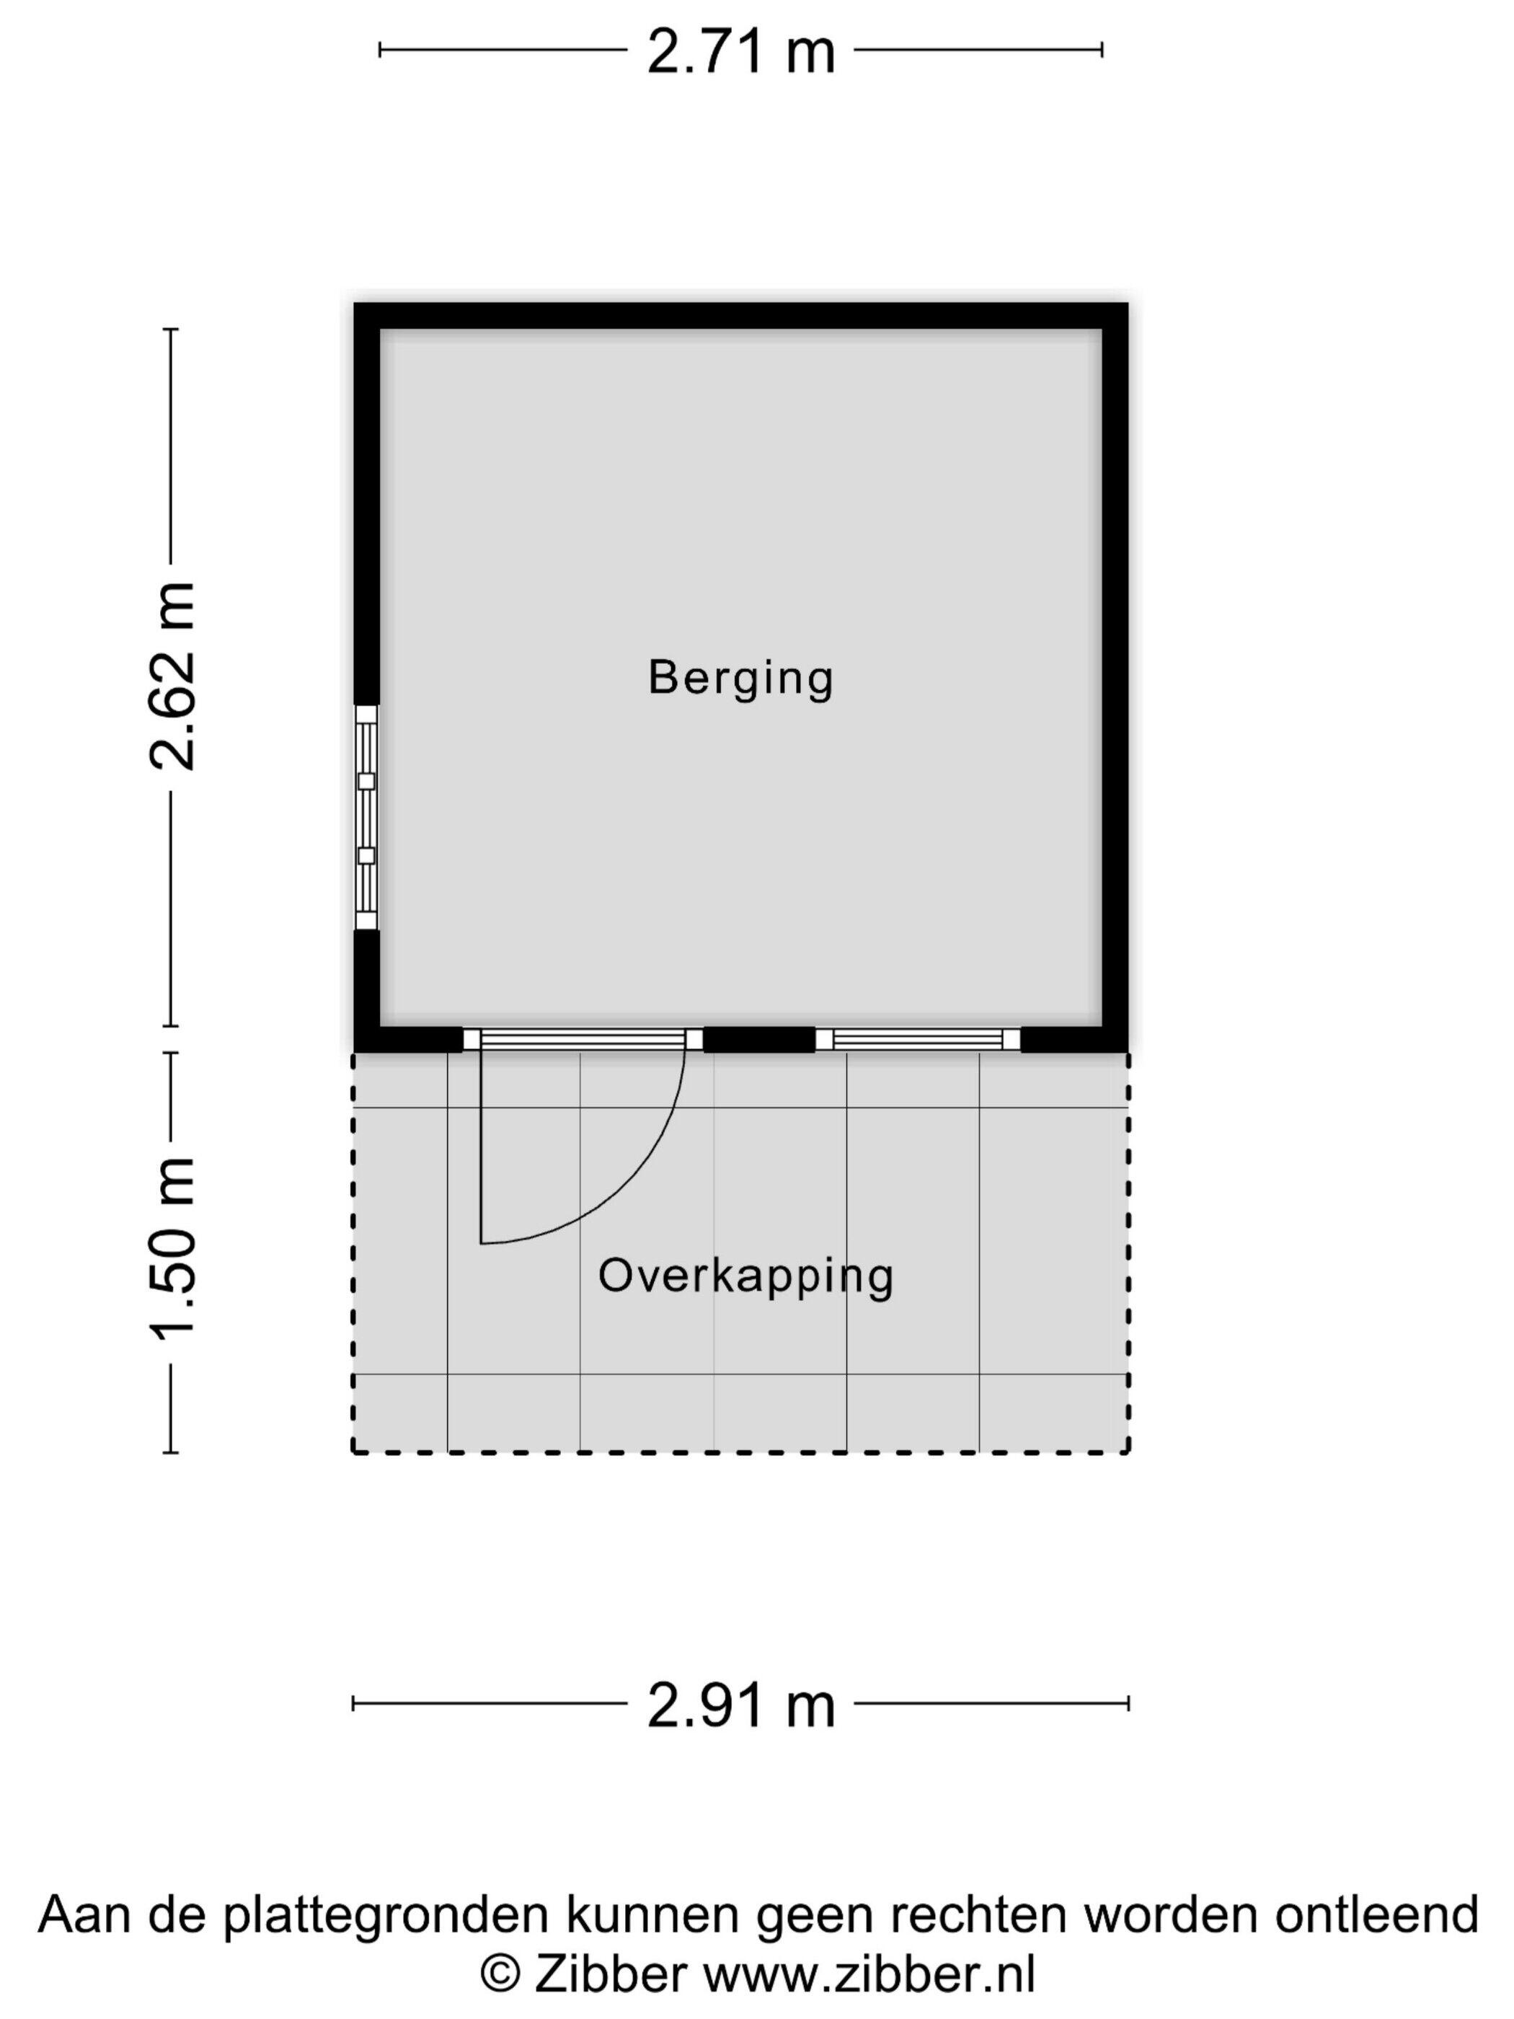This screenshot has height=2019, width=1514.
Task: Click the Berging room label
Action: click(741, 679)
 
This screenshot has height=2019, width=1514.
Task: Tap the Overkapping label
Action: click(745, 1276)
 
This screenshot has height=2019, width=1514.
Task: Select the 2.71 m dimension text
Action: click(741, 51)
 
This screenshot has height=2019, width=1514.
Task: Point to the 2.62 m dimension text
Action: click(172, 676)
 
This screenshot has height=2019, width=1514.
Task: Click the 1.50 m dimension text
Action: click(172, 1247)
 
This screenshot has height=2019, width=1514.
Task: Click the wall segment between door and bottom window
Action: click(758, 1040)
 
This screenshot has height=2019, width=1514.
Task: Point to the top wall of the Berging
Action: click(741, 316)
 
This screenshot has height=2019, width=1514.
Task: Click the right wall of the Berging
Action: click(1115, 677)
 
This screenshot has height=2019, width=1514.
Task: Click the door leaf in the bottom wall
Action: click(583, 1039)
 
